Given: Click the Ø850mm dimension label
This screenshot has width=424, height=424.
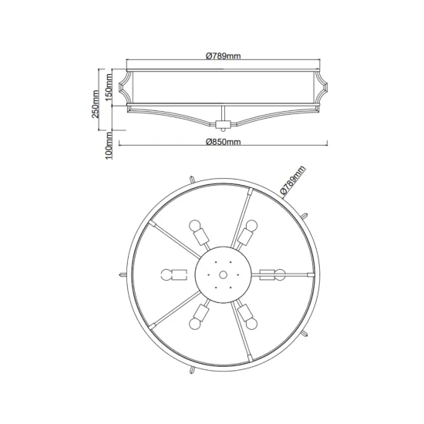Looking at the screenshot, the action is (x=223, y=142).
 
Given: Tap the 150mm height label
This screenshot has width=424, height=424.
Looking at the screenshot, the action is (x=109, y=87).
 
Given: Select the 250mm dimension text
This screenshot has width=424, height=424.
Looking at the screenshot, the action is (x=95, y=104).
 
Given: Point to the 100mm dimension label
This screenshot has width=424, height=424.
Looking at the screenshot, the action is (x=109, y=146).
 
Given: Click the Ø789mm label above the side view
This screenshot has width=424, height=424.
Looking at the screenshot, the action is (x=223, y=56).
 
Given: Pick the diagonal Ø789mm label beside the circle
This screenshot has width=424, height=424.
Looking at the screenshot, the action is (x=293, y=180).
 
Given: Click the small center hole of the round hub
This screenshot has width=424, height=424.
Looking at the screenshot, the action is (x=223, y=275).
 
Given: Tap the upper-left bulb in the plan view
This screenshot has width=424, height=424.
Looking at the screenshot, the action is (x=195, y=226).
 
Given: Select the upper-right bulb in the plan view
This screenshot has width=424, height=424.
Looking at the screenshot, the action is (x=251, y=226).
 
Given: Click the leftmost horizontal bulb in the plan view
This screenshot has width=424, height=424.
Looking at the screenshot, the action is (x=167, y=274).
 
